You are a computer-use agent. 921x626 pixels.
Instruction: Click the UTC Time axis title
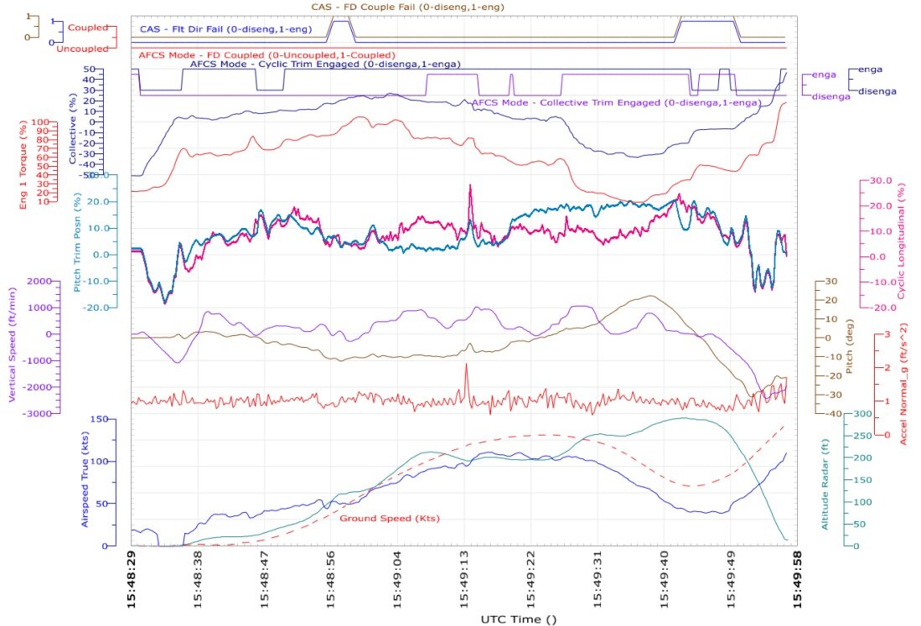tap(519, 619)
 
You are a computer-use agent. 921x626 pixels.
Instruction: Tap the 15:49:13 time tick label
tap(464, 578)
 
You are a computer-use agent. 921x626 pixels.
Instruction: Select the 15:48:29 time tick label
tap(131, 578)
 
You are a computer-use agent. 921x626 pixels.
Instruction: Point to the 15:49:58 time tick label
tap(797, 578)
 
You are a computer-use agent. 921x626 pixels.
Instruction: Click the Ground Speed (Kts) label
tap(390, 518)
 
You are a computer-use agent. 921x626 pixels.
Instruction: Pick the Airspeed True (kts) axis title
tap(85, 479)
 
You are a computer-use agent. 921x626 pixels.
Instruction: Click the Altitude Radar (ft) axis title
tap(825, 484)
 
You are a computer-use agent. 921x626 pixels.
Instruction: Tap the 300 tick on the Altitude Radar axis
tap(863, 413)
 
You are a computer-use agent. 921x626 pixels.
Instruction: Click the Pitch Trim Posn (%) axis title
tap(77, 242)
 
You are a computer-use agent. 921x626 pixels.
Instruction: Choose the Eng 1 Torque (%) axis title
tap(23, 164)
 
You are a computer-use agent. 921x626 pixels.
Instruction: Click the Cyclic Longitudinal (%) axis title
tap(901, 241)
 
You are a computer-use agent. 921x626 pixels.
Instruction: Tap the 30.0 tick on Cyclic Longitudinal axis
tap(881, 180)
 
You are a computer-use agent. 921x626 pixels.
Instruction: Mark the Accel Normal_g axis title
tap(903, 384)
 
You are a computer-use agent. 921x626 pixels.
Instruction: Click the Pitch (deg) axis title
tap(848, 346)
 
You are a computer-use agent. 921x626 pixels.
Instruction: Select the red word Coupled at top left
tap(88, 28)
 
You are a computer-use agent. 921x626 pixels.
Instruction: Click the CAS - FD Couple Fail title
tap(407, 7)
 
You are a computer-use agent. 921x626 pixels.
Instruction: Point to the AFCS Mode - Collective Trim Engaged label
tap(617, 103)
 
